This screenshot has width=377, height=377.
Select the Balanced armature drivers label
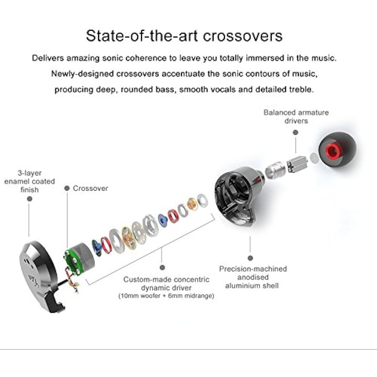pos(296,117)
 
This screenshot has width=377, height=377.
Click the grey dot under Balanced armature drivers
pos(295,133)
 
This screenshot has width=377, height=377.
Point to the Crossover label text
pos(90,188)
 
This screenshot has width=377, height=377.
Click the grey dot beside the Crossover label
pos(67,188)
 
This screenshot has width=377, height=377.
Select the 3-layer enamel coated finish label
pos(30,181)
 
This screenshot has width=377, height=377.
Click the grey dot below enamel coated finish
pos(30,199)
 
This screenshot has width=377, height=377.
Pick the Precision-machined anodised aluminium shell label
pos(253,277)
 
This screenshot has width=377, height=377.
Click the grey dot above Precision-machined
pos(250,258)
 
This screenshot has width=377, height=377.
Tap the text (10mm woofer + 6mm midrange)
pos(166,296)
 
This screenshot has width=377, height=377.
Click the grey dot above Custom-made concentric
pos(162,267)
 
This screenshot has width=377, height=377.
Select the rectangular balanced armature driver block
pos(297,165)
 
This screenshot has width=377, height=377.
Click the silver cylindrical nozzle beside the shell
pos(275,170)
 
